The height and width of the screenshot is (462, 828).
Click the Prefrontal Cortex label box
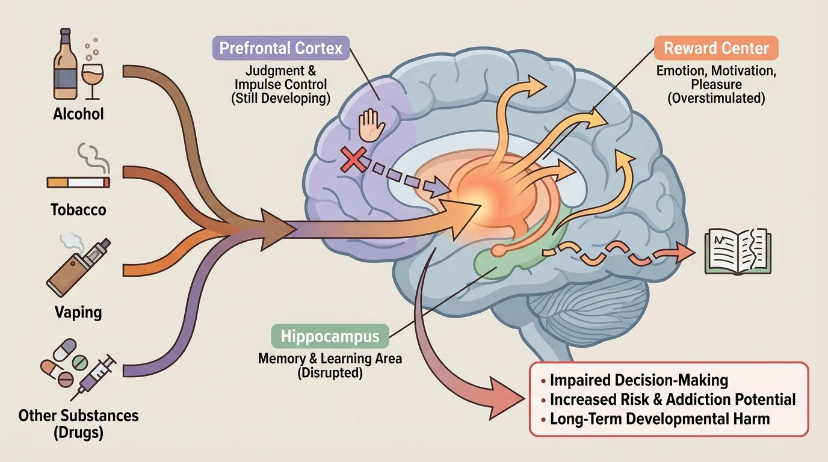pyautogui.click(x=280, y=48)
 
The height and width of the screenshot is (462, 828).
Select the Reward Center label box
pyautogui.click(x=715, y=48)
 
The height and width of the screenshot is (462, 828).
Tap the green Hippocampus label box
pyautogui.click(x=330, y=336)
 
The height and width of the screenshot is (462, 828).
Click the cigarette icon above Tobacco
pyautogui.click(x=78, y=181)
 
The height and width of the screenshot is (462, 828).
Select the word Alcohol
pyautogui.click(x=78, y=114)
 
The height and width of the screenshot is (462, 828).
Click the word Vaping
pyautogui.click(x=78, y=312)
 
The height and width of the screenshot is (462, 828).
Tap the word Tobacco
pyautogui.click(x=78, y=210)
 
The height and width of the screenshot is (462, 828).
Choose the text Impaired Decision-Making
pyautogui.click(x=639, y=380)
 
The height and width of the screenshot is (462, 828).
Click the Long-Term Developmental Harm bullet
pyautogui.click(x=660, y=419)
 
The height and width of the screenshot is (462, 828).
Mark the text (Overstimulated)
pyautogui.click(x=715, y=99)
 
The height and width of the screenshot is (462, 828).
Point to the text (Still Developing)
pyautogui.click(x=280, y=99)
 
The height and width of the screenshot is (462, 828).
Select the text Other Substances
pyautogui.click(x=78, y=415)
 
